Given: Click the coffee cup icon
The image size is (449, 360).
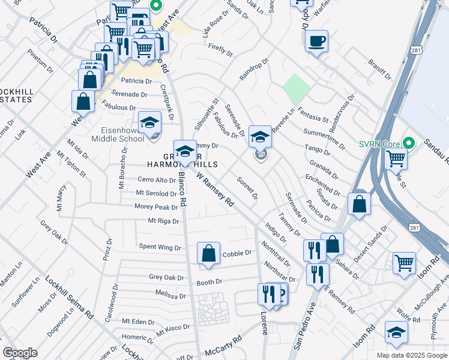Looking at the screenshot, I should tap(316, 41).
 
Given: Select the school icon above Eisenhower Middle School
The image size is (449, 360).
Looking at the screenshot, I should tap(149, 123).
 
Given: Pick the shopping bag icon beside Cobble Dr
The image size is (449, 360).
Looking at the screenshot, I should tap(208, 253).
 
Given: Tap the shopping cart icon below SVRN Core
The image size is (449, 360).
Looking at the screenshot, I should tap(396, 159).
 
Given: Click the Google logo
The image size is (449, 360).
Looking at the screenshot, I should tap(20, 353).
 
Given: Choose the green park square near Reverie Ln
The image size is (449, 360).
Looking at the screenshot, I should tap(297, 89).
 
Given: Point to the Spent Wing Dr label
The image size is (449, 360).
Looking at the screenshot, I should tap(160, 247).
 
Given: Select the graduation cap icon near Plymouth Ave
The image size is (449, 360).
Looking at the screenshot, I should tap(396, 334).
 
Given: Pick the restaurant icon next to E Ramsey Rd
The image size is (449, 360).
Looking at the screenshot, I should tap(318, 274).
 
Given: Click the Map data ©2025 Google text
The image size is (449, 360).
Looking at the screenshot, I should tap(411, 355).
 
